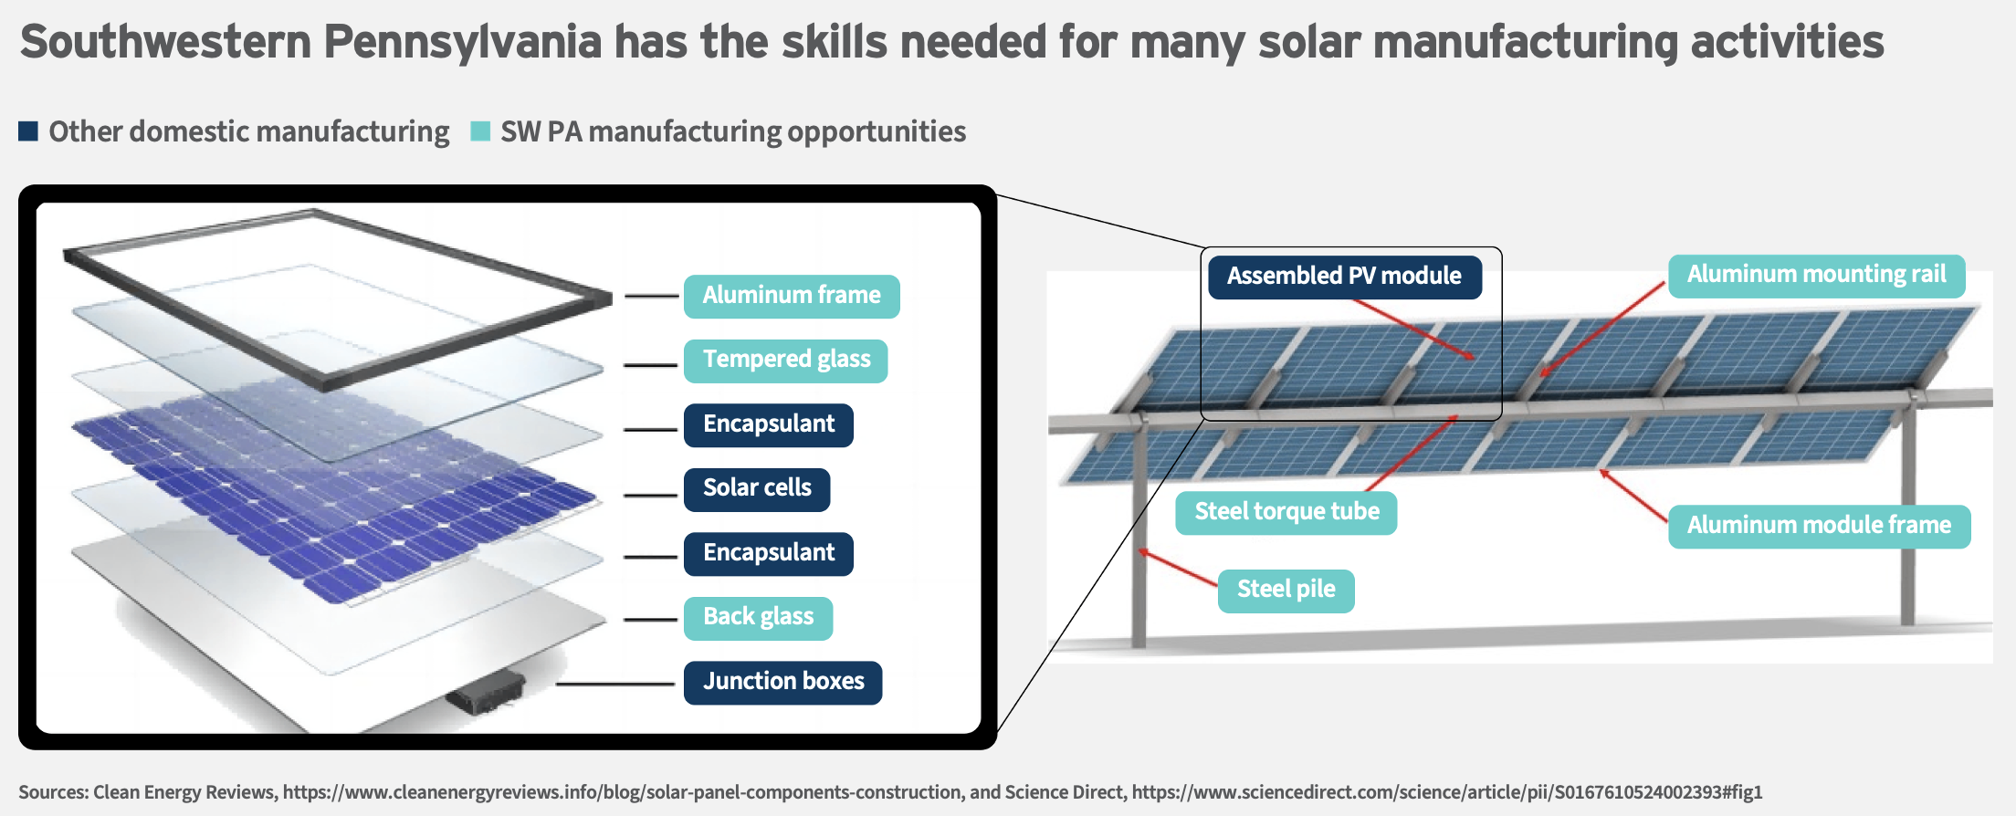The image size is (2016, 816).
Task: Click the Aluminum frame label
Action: [792, 296]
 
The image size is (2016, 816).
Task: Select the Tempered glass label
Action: [786, 361]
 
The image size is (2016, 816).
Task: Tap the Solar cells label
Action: [757, 489]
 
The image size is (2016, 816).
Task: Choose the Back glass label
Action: [758, 618]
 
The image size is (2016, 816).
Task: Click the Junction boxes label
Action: [782, 682]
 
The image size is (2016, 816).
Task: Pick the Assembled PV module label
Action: [1345, 277]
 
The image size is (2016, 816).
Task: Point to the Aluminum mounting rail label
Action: [1817, 276]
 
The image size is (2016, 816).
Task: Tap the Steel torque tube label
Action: [1286, 512]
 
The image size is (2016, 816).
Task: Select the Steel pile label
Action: [1286, 591]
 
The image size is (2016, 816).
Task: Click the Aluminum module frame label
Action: [1819, 527]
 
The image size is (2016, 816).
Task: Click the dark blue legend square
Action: [28, 131]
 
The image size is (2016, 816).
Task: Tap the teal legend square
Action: [480, 131]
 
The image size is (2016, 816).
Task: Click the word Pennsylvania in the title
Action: [463, 43]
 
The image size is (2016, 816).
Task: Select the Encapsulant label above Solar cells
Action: [768, 425]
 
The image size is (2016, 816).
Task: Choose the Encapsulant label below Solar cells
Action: [768, 554]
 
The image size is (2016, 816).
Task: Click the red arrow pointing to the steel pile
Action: [1178, 568]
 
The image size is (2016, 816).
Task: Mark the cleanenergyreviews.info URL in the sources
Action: [623, 792]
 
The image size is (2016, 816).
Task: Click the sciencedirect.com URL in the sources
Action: [1447, 792]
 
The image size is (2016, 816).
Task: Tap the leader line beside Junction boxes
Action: [615, 684]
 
